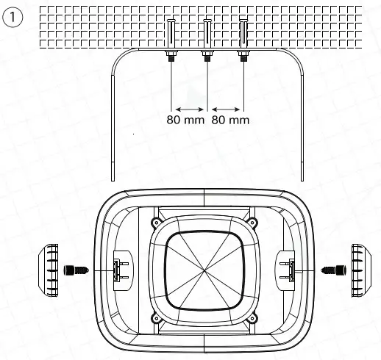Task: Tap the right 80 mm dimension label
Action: (x=230, y=120)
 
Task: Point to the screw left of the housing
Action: (x=76, y=270)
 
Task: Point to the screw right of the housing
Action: (x=335, y=270)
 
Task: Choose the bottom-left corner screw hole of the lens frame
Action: (x=156, y=317)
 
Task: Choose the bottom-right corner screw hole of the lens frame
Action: (x=254, y=317)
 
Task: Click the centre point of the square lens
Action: (x=205, y=270)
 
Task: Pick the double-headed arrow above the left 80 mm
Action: (x=189, y=108)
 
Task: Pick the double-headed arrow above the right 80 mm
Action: (x=225, y=108)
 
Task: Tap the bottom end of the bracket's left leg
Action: (x=112, y=179)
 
